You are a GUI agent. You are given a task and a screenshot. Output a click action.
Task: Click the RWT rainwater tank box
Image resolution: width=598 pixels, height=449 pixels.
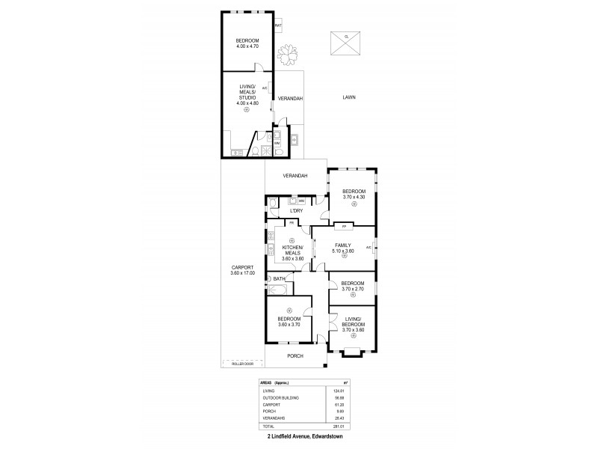click(279, 27)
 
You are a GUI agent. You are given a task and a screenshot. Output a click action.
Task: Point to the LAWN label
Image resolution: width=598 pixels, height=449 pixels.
click(348, 97)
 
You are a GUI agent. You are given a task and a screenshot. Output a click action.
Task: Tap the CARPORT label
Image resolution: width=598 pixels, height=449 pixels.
click(244, 267)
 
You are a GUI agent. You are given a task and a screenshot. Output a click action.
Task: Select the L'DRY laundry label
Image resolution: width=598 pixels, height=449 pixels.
click(295, 211)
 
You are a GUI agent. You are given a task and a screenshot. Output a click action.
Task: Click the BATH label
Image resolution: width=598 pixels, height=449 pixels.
click(279, 279)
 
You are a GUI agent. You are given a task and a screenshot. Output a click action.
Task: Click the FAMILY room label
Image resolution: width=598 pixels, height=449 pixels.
click(343, 245)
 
